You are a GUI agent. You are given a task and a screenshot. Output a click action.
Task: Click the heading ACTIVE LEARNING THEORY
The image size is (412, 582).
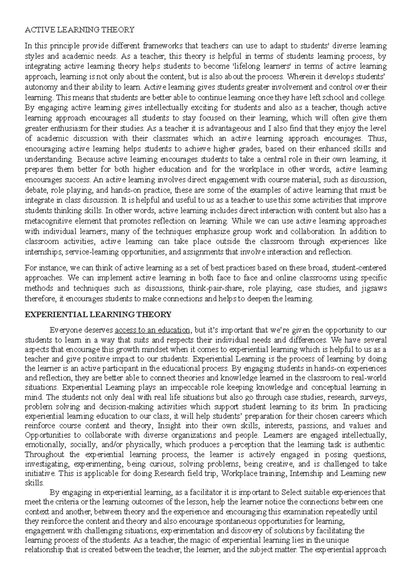click(79, 30)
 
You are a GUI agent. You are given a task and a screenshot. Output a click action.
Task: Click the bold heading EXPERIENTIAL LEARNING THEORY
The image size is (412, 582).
click(98, 314)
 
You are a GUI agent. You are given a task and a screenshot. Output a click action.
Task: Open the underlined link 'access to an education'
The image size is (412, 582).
click(152, 330)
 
